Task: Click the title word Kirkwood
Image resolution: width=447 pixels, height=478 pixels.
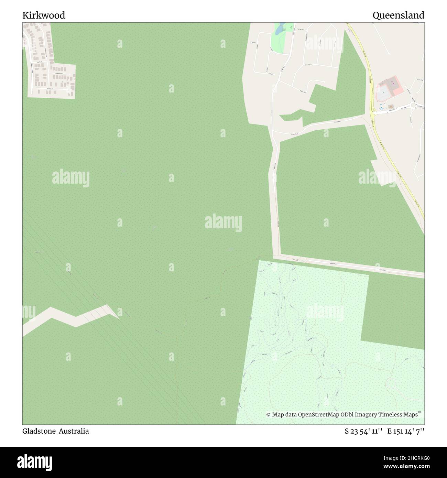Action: [x=44, y=15]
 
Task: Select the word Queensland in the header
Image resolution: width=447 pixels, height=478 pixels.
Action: [x=398, y=15]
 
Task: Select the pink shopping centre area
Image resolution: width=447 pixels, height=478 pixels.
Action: [x=391, y=88]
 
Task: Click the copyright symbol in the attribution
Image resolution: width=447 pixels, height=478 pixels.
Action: [x=269, y=415]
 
